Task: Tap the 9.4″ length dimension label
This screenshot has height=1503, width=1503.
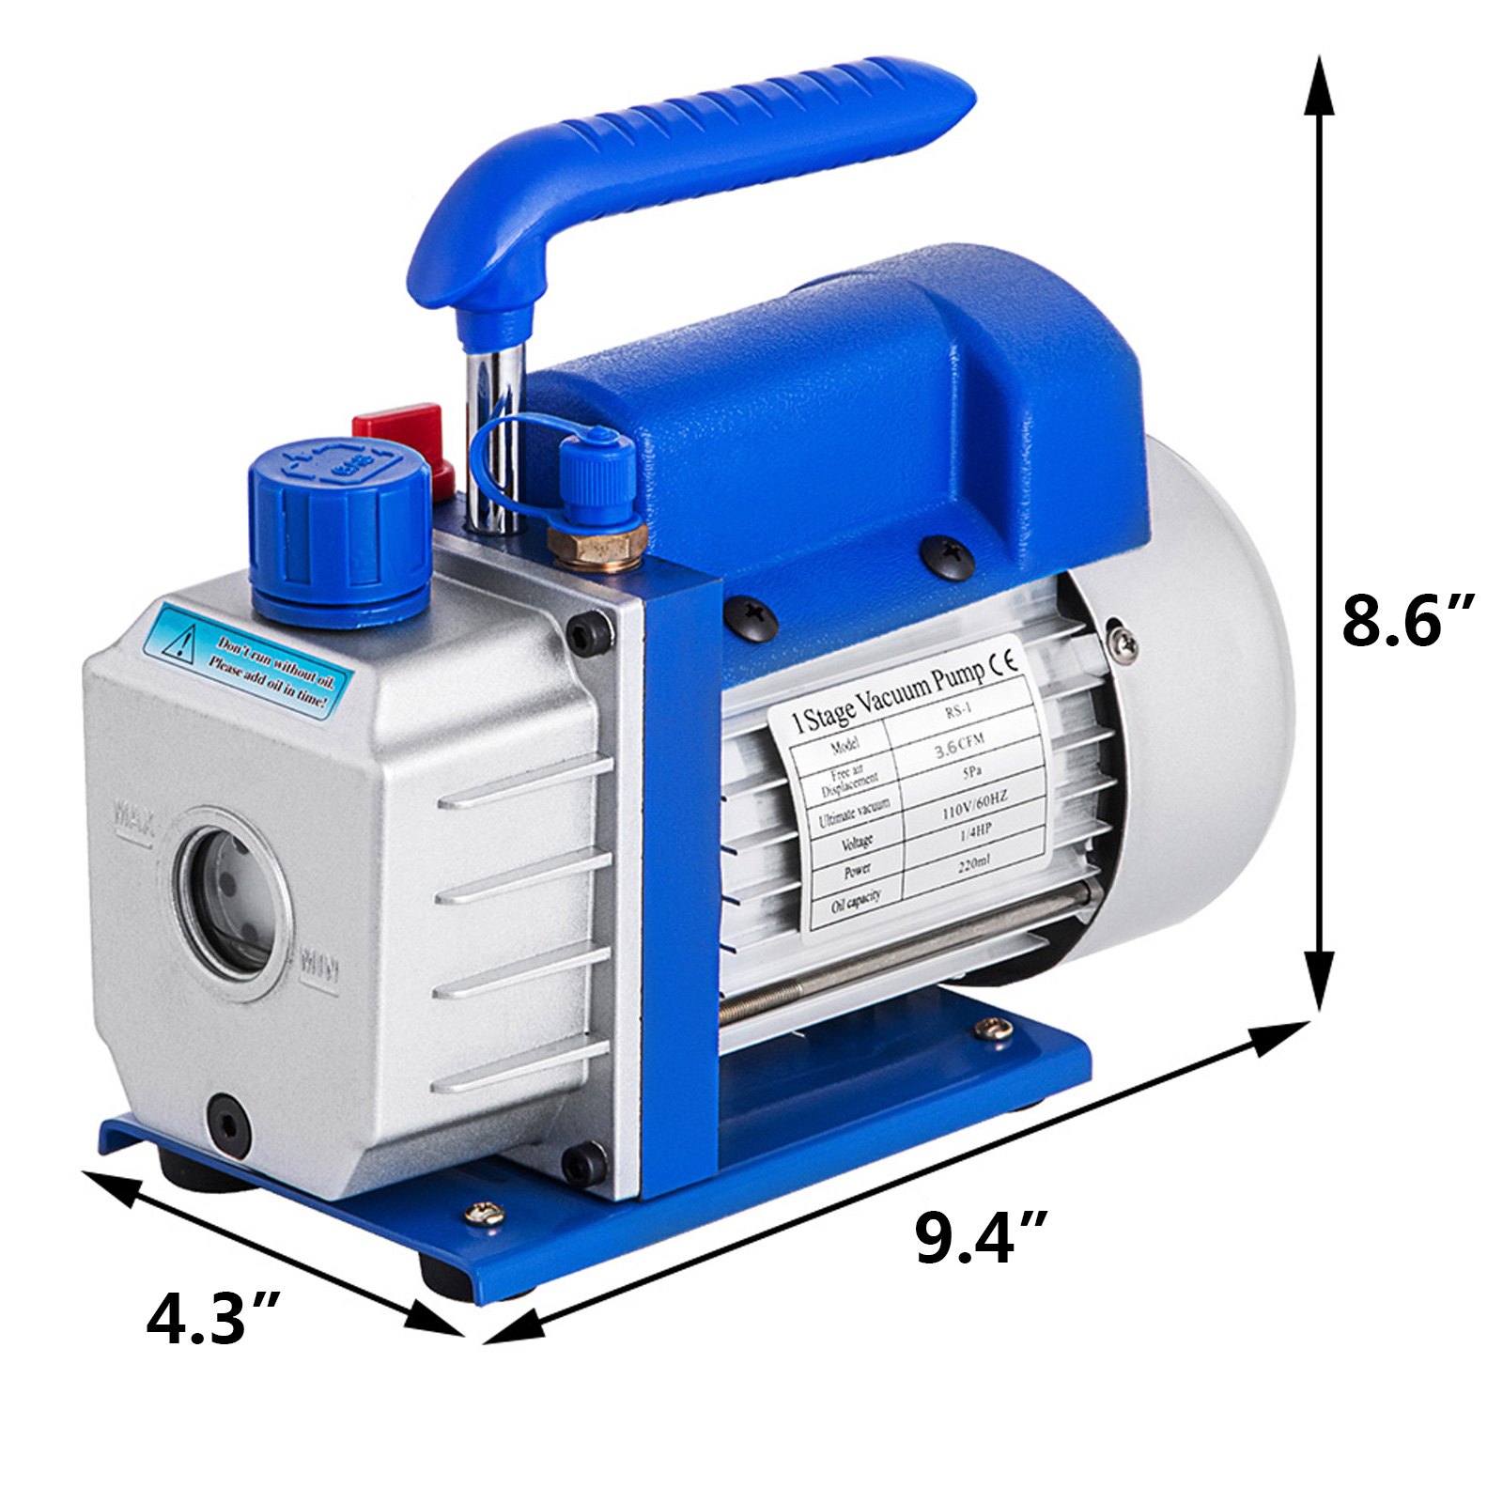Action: click(980, 1237)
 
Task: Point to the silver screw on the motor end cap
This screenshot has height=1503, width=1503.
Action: click(1123, 643)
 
